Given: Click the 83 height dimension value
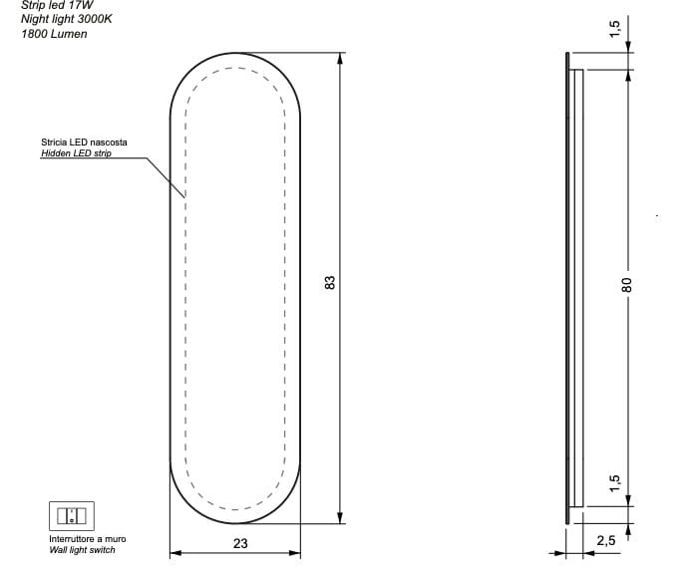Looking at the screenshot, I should [x=329, y=283].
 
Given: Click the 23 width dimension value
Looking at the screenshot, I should [x=239, y=543].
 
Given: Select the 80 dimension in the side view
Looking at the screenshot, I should [x=627, y=284].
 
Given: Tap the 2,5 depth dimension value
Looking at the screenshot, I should [x=605, y=541].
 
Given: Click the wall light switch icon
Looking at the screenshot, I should [x=71, y=515].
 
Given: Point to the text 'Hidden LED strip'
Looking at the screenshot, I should [x=76, y=154].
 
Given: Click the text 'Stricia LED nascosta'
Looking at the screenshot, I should [x=84, y=143].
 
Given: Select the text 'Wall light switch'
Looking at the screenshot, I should [x=82, y=550].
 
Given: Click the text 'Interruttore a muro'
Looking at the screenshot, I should [x=88, y=539].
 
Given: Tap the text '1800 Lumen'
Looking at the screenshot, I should [x=54, y=34].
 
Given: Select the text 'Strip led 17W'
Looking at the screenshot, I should [x=57, y=5].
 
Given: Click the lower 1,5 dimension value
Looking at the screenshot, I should [x=615, y=483].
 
